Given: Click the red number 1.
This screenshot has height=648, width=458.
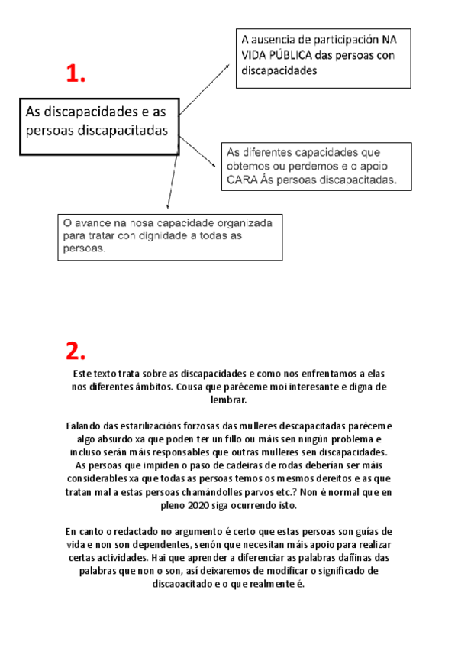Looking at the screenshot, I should click(x=76, y=74).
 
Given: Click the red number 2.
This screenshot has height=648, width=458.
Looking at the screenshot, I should click(x=76, y=351).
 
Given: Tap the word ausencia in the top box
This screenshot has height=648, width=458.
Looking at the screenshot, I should click(x=275, y=39).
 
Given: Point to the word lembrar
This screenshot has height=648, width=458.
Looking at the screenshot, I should click(x=229, y=400).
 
